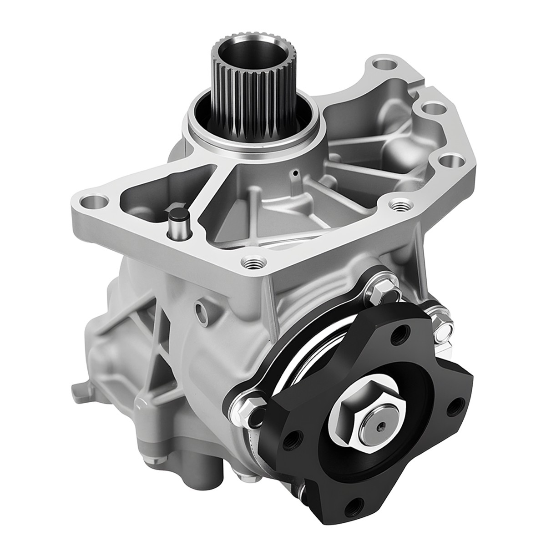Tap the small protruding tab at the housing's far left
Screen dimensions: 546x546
coord(79,390)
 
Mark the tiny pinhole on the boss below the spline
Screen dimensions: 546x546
coord(296,173)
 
